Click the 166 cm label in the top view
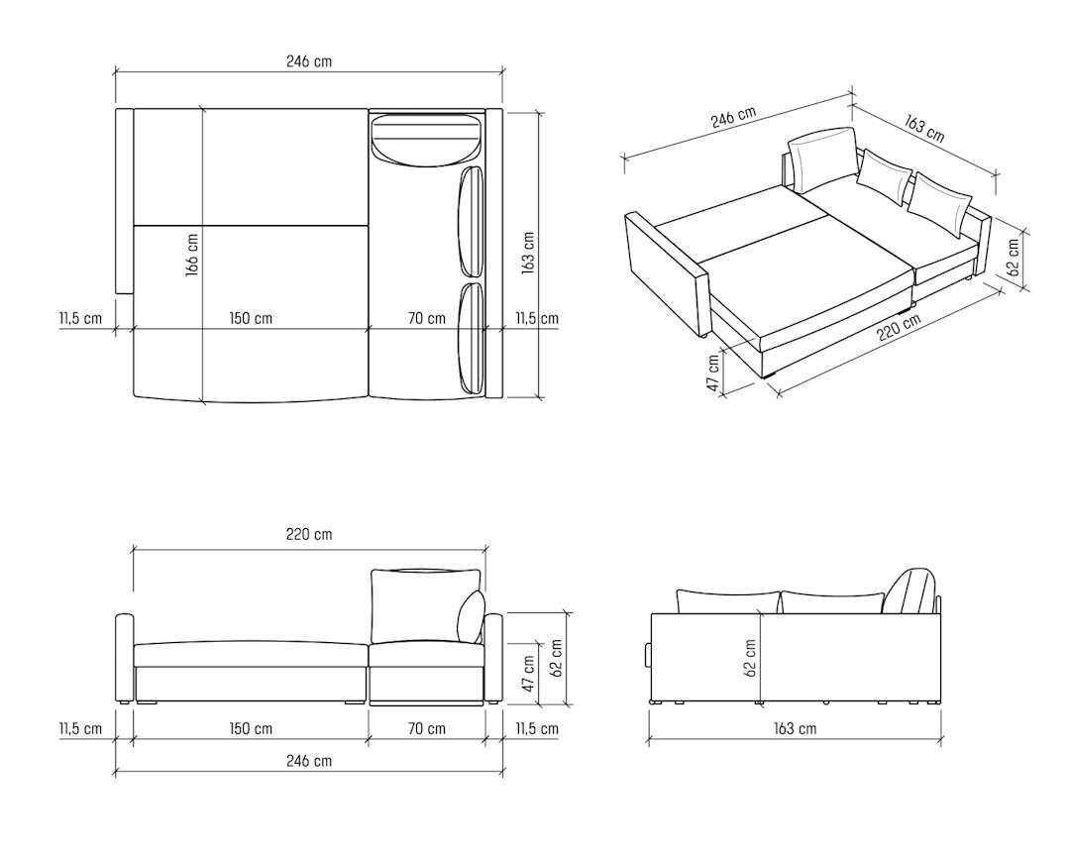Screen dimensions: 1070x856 tap(192, 256)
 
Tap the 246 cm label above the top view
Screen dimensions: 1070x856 tap(309, 60)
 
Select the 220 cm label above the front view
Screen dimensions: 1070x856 tap(309, 534)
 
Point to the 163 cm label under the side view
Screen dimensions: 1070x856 tap(795, 728)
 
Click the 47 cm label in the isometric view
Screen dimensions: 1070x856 tap(713, 374)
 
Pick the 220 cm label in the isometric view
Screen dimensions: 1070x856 tap(900, 327)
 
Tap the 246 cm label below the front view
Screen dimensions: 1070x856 tap(309, 761)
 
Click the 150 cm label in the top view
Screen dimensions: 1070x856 tap(251, 318)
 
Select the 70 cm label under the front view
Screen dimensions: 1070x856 tap(426, 728)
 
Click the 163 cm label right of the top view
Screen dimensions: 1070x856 tap(528, 254)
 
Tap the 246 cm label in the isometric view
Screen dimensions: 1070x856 tap(733, 118)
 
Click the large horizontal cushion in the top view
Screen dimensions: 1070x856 tap(427, 140)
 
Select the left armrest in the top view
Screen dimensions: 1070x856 tap(124, 201)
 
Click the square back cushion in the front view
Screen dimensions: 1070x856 tap(424, 606)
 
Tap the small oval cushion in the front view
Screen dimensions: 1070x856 tap(471, 616)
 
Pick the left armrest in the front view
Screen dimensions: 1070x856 tap(124, 659)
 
